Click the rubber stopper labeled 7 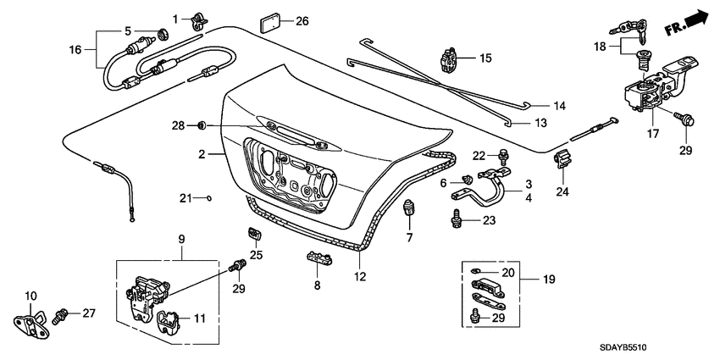click(409, 206)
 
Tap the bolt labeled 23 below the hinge click(457, 219)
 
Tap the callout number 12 click(359, 276)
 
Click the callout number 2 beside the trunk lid click(202, 154)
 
